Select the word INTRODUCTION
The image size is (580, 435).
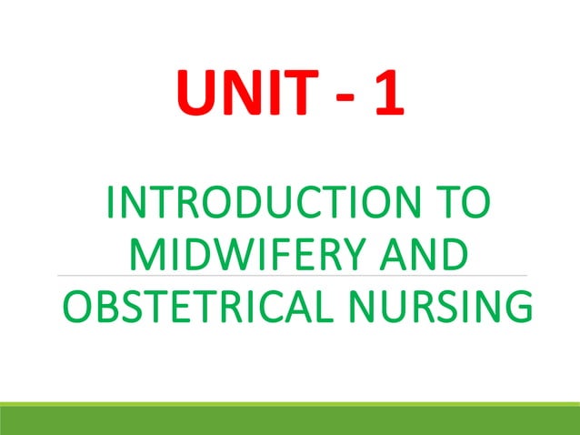[x=257, y=203]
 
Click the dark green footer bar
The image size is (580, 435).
[x=290, y=420]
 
